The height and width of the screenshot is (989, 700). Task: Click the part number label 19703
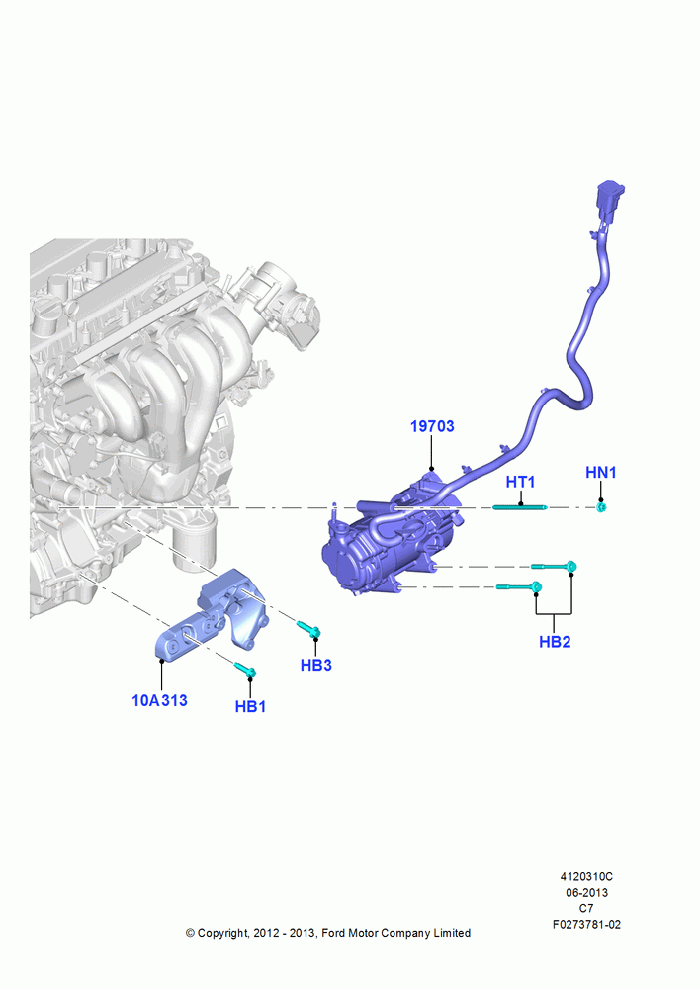tap(432, 426)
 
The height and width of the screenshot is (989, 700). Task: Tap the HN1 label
tap(601, 473)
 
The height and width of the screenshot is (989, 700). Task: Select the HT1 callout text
tap(520, 482)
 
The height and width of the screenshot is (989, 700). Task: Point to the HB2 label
tap(555, 642)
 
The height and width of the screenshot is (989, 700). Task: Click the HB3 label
tap(316, 665)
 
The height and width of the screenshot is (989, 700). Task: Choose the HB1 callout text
tap(250, 706)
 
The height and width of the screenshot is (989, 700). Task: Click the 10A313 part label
tap(159, 700)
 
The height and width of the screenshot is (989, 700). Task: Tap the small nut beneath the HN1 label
tap(602, 507)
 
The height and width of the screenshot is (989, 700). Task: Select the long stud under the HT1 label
tap(520, 507)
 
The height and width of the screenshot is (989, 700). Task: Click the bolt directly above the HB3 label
tap(309, 628)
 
